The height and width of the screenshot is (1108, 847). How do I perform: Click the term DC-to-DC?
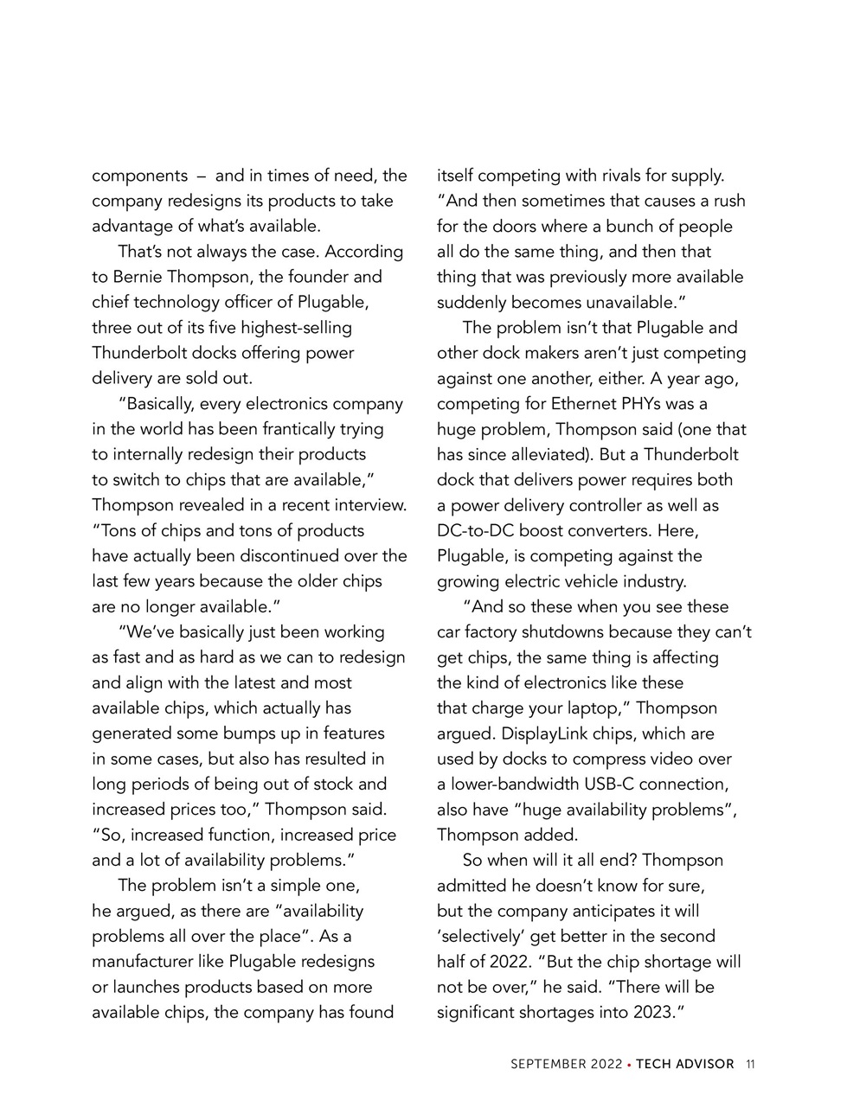click(x=475, y=530)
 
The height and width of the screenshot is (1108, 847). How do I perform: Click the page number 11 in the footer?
click(x=750, y=1065)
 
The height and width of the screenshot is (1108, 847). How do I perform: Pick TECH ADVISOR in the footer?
click(x=684, y=1065)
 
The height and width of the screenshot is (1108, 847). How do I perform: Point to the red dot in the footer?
click(x=628, y=1065)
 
